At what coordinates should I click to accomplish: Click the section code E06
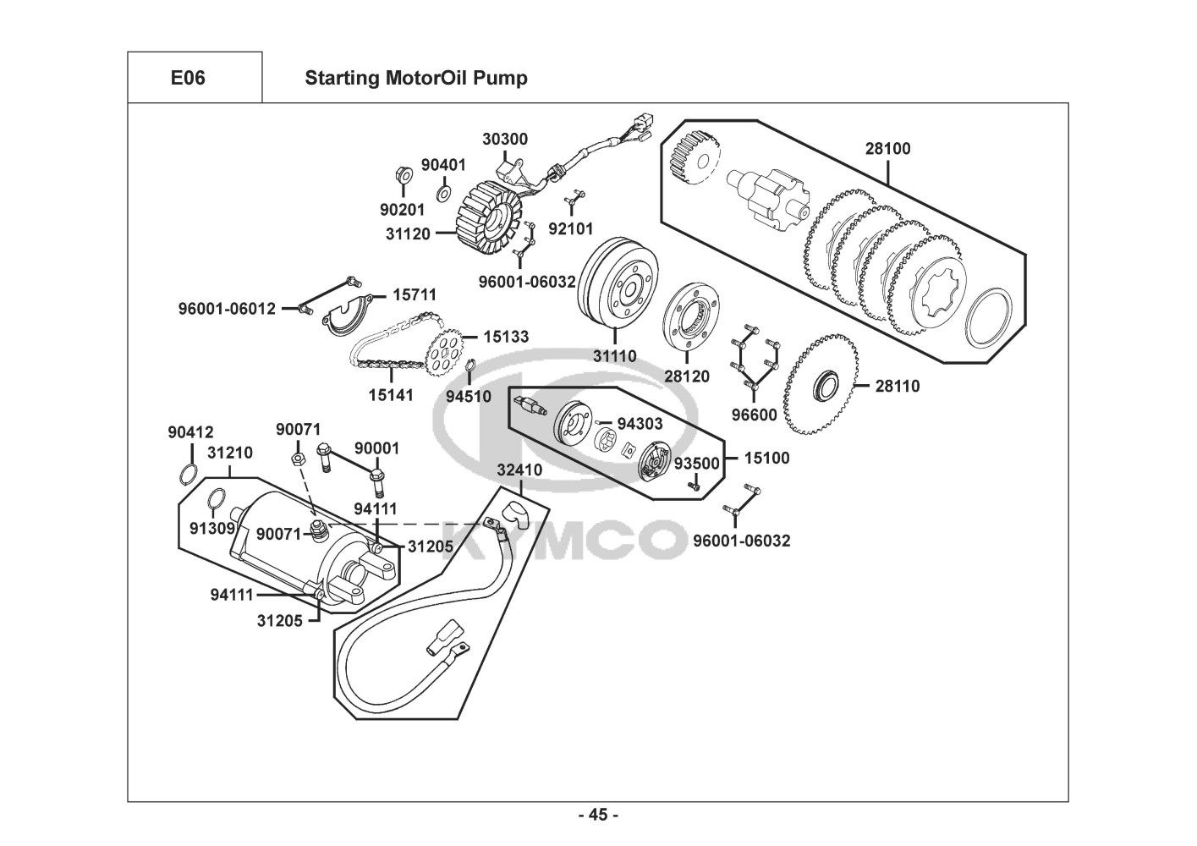coord(188,78)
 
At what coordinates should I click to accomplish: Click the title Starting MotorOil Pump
coord(415,78)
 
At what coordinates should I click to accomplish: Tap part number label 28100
coord(887,149)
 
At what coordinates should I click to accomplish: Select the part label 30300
coord(505,138)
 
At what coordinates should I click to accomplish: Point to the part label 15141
coord(391,394)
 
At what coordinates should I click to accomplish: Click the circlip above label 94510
coord(470,366)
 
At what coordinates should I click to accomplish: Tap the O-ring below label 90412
coord(191,473)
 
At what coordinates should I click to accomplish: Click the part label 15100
coord(766,458)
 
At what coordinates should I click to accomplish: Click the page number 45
coord(598,816)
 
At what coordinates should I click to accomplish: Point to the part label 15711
coord(414,295)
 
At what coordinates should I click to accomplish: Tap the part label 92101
coord(570,228)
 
